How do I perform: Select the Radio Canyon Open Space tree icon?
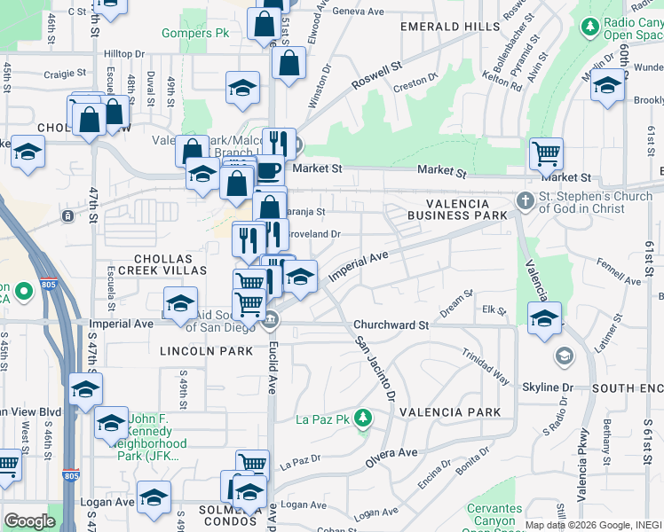click(x=589, y=27)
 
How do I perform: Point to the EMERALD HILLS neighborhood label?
click(x=450, y=27)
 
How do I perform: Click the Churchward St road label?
click(x=391, y=325)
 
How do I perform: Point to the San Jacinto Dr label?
click(x=373, y=366)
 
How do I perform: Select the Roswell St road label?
click(x=375, y=76)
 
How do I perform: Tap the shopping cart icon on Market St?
click(x=546, y=154)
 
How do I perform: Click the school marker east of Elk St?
click(x=545, y=319)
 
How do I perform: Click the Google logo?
click(x=29, y=520)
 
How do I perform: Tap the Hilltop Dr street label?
click(x=123, y=54)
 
